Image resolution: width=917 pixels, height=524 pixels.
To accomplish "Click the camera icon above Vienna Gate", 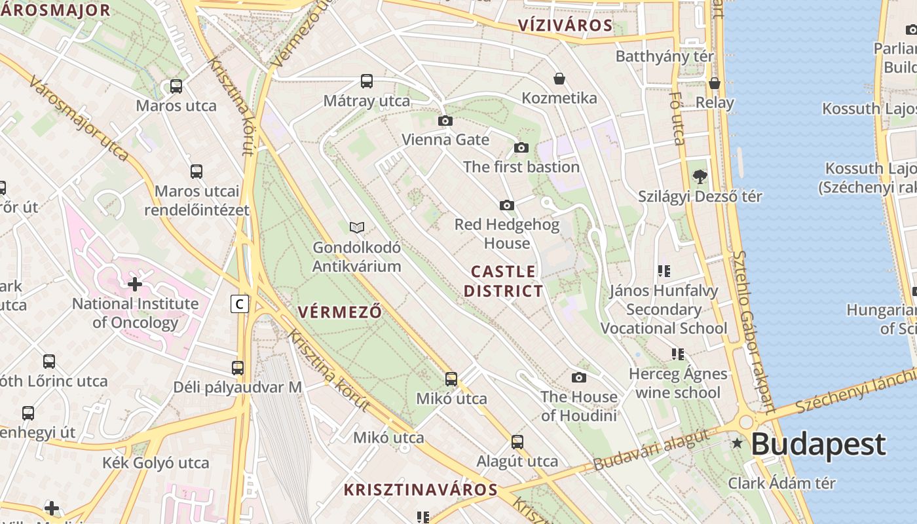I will click(445, 121).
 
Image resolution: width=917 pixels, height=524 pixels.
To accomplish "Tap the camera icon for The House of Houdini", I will click(579, 377).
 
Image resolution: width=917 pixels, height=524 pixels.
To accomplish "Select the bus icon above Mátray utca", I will click(367, 81).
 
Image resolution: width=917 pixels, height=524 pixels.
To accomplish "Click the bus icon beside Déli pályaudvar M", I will click(238, 368).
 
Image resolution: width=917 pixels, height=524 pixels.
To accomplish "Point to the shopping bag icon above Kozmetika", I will click(559, 79).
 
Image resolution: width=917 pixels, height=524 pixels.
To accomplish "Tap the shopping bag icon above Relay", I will click(715, 83).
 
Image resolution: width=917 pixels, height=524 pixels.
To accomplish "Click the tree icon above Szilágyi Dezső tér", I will click(700, 176).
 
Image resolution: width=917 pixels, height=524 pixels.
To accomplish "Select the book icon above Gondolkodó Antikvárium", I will click(357, 227).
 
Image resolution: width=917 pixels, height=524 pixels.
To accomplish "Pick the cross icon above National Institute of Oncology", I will click(135, 284).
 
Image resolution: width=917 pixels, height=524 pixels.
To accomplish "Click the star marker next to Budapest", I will click(738, 443).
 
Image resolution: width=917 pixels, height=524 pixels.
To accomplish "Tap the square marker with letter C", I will click(240, 304).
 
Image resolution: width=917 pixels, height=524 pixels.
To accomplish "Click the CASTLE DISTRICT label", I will click(504, 281).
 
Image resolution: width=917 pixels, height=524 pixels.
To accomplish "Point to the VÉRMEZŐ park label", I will click(339, 312).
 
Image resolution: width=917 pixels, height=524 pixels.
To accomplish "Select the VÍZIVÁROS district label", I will click(565, 26).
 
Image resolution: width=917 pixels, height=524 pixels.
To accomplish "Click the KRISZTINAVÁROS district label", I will click(421, 489).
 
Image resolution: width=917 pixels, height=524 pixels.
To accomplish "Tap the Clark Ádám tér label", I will click(782, 483).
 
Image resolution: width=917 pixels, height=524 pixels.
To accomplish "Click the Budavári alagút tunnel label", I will click(651, 449).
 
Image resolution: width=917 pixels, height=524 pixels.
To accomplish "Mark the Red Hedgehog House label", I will click(507, 234).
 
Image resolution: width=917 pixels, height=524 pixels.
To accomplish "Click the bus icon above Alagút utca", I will click(517, 441).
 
